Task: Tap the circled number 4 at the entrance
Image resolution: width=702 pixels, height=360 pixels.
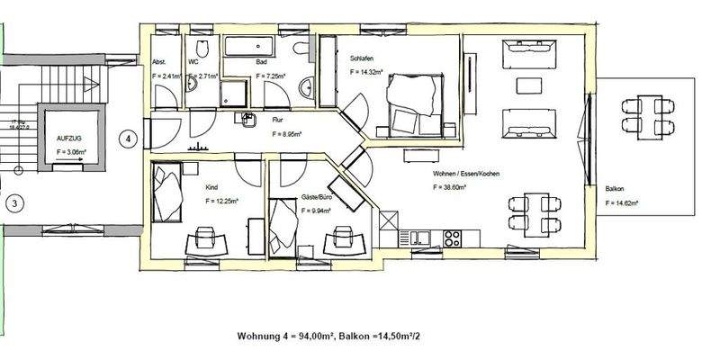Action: coord(129,139)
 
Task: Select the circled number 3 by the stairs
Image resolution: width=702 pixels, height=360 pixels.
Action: coord(13,203)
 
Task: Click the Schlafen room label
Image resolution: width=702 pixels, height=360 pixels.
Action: coord(364,58)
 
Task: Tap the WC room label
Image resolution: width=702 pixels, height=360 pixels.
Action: coord(194,62)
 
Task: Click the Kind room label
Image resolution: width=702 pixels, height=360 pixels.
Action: coord(212,187)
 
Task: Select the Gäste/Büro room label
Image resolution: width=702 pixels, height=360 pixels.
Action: coord(310,195)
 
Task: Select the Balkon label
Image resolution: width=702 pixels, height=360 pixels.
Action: coord(616,189)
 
